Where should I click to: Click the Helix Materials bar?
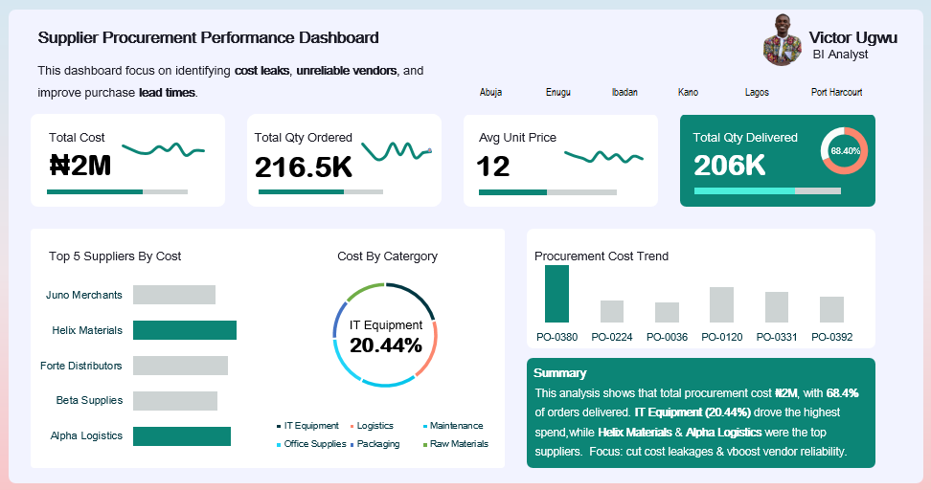[x=184, y=330]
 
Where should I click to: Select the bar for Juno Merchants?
[x=173, y=295]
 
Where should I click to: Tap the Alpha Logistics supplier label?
[x=86, y=435]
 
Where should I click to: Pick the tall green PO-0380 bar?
[x=556, y=294]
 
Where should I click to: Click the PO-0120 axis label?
[x=721, y=337]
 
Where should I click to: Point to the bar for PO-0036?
[x=667, y=312]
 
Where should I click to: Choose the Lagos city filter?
[x=756, y=93]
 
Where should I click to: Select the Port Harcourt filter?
[x=836, y=93]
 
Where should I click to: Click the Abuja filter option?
[x=490, y=93]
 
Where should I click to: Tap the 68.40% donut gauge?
[x=845, y=150]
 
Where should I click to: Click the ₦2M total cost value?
[x=80, y=166]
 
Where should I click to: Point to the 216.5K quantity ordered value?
[x=304, y=167]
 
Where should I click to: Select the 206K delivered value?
[x=730, y=166]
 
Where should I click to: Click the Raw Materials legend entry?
[x=458, y=444]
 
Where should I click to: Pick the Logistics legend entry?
[x=375, y=426]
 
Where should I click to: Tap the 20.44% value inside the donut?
[x=386, y=345]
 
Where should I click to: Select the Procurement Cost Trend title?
[x=602, y=256]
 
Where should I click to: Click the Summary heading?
[x=559, y=373]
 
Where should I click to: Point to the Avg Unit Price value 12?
[x=493, y=167]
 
